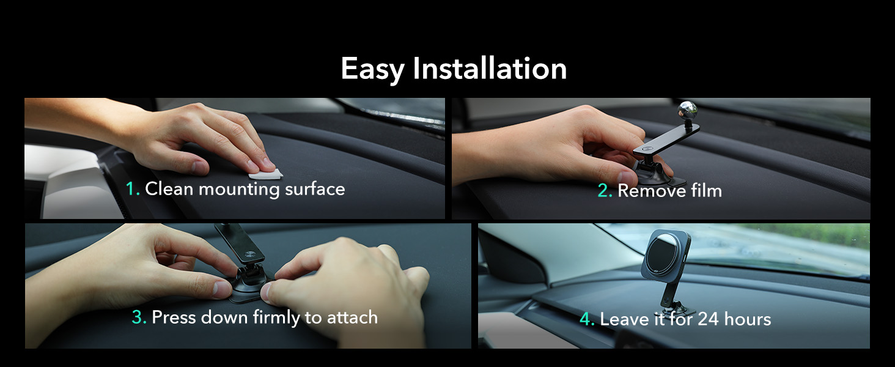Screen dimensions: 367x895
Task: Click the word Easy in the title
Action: click(372, 69)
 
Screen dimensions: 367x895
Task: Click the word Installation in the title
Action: click(490, 68)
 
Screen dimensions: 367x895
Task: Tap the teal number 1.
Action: click(132, 189)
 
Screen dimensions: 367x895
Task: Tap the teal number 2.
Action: click(604, 191)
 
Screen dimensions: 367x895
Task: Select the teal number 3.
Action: click(139, 317)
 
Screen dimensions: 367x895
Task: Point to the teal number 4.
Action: click(587, 319)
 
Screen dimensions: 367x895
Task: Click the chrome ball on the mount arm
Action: click(687, 111)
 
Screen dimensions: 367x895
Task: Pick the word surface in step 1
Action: click(315, 189)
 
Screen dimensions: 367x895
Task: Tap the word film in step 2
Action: click(705, 191)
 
